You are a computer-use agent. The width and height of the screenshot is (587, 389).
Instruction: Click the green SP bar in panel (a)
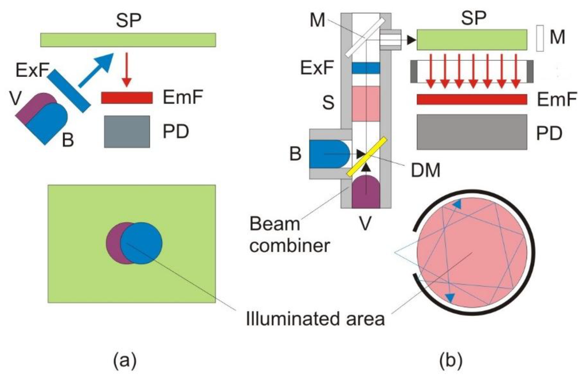(128, 40)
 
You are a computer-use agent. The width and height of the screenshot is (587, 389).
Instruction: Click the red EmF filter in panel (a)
(127, 98)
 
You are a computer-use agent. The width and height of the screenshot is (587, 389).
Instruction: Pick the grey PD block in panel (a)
(127, 131)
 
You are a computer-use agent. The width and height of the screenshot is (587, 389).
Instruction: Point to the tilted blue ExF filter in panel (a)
(69, 90)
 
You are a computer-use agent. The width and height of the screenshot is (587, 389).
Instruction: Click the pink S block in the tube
(367, 103)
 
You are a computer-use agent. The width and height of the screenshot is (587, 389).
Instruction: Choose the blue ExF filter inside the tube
(367, 68)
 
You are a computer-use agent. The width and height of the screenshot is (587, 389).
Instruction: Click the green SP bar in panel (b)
(471, 40)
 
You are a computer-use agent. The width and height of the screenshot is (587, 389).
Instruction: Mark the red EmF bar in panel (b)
(471, 100)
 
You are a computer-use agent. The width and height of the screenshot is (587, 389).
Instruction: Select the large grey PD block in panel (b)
(471, 131)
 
